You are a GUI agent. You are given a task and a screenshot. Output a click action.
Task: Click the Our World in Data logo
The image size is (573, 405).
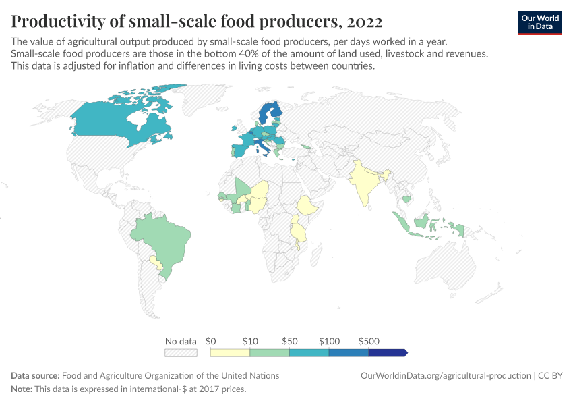point(539,22)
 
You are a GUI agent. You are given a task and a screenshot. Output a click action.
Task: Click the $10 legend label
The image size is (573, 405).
point(249,341)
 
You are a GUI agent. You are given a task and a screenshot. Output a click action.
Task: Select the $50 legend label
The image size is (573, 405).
point(289,341)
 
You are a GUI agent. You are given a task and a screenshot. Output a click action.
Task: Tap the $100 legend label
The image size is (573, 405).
point(329,341)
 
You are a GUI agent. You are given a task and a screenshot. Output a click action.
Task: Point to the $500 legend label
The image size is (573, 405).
point(369,341)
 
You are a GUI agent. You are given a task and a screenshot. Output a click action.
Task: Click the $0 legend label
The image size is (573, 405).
point(210,341)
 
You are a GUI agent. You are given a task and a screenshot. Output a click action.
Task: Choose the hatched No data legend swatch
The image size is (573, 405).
point(181,352)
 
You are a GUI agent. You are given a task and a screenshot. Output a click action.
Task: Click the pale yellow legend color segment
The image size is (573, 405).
point(230,352)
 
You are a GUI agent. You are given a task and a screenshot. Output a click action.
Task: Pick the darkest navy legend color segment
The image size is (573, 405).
point(387,352)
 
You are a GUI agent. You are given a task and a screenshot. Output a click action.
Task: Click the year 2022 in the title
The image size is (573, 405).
point(365,22)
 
